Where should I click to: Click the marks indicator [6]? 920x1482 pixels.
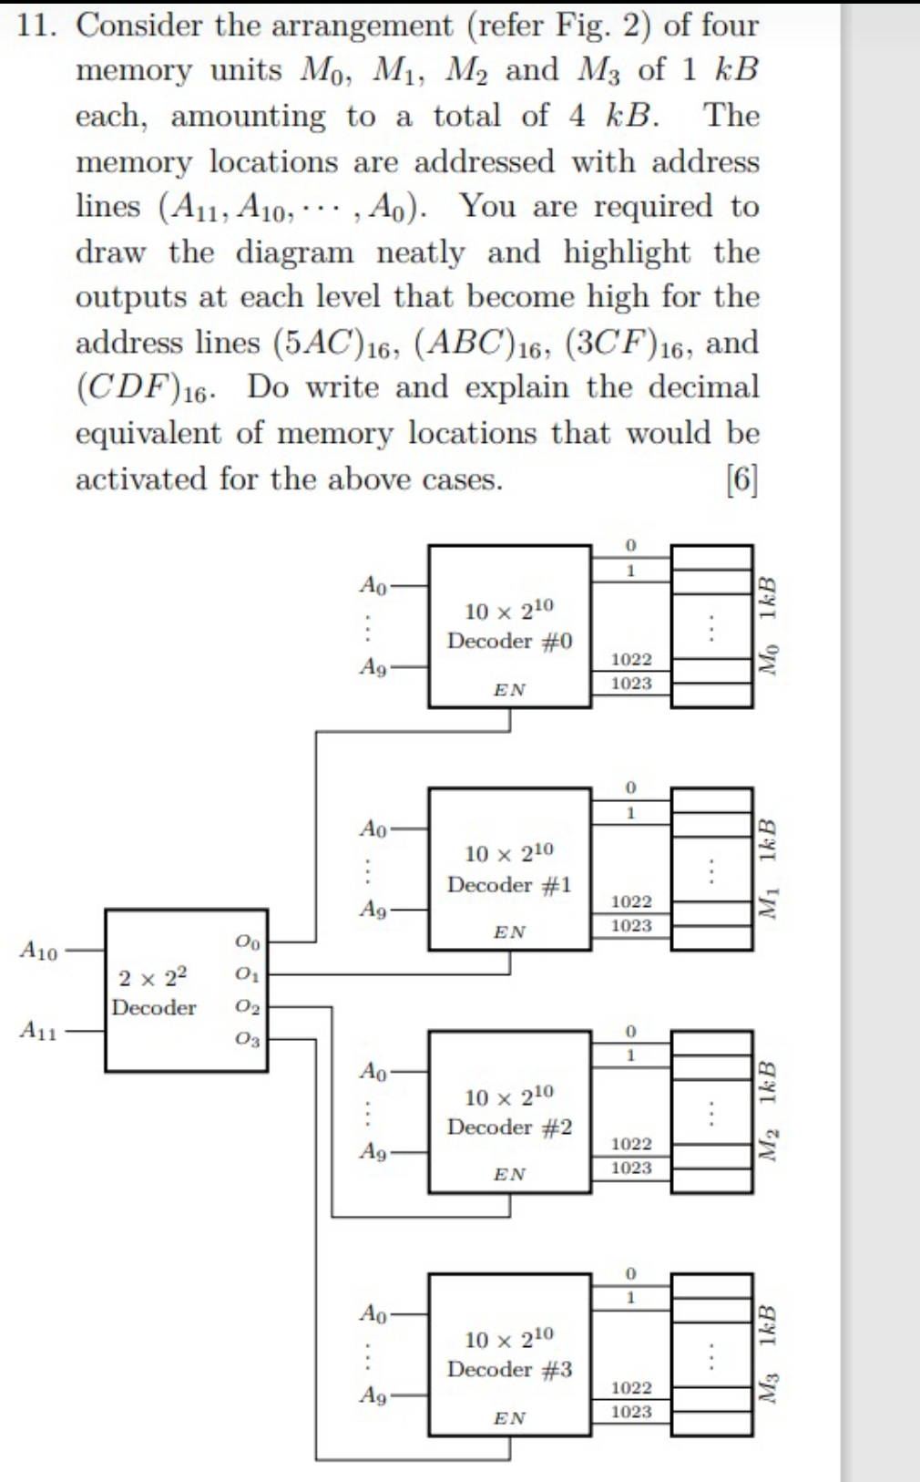(741, 479)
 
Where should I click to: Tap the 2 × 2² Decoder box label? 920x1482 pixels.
(153, 992)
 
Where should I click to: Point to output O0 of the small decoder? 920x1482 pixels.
(247, 942)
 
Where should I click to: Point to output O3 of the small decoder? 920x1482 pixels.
(247, 1038)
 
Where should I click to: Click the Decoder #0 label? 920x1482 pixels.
(509, 641)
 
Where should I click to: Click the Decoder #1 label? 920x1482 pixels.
(509, 884)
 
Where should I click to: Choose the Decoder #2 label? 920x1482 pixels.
(509, 1127)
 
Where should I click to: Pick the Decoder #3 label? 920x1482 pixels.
(509, 1369)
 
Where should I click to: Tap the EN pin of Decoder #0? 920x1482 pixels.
(509, 690)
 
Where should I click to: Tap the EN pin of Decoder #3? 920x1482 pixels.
(509, 1418)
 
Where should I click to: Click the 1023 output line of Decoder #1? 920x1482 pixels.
(631, 926)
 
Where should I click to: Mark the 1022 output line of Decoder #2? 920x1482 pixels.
(631, 1144)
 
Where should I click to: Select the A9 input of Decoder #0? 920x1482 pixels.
(373, 667)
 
